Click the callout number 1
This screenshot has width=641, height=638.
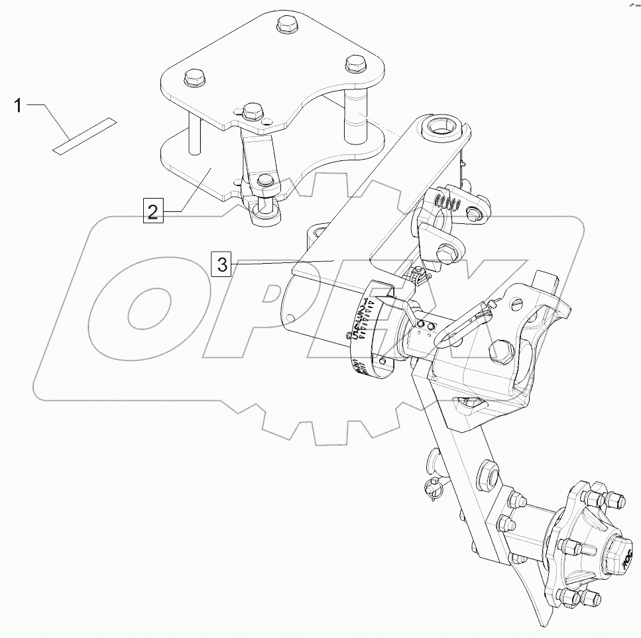click(19, 105)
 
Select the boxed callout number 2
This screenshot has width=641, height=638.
click(153, 211)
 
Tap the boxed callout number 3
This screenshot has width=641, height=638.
click(221, 264)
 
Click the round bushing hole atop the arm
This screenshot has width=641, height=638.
click(439, 126)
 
